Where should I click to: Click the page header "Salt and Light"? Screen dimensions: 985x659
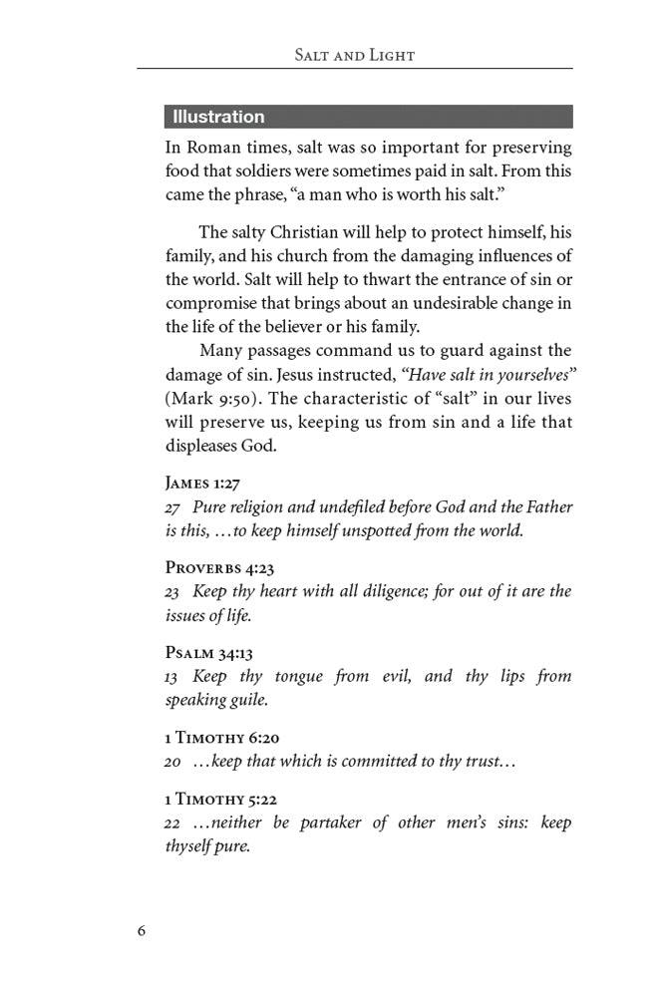[x=355, y=55]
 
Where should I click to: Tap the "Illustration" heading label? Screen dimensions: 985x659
[x=218, y=117]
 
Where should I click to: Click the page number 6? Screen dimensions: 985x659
[x=142, y=930]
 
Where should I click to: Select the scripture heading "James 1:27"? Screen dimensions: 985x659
[x=202, y=484]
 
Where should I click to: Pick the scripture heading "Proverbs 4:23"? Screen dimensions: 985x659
[x=218, y=568]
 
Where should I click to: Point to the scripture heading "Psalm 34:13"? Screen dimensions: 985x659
[x=208, y=653]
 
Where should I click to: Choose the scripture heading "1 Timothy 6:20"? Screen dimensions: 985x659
[x=222, y=738]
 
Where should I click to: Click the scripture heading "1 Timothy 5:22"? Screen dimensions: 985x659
[x=222, y=800]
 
